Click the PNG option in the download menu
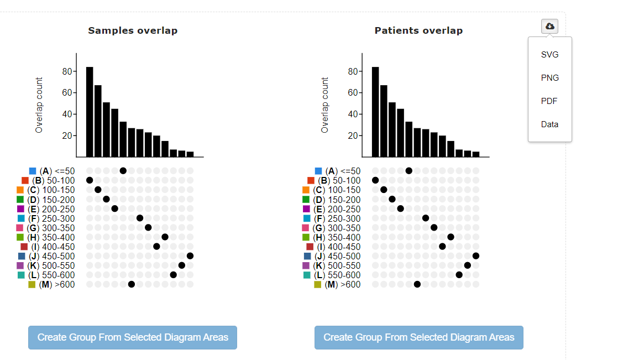[549, 78]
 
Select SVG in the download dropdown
[549, 55]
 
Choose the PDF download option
[549, 101]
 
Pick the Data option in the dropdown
[549, 124]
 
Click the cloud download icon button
[549, 26]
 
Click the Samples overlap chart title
[133, 30]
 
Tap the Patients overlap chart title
[418, 30]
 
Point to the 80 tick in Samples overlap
[68, 71]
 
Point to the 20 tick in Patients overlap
[354, 135]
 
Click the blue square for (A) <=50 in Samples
[32, 171]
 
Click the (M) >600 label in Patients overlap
[343, 284]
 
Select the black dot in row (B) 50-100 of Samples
[90, 180]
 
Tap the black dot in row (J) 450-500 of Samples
[190, 255]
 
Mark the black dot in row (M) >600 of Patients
[417, 284]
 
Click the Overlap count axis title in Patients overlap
[325, 105]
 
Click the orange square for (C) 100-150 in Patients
[306, 190]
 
